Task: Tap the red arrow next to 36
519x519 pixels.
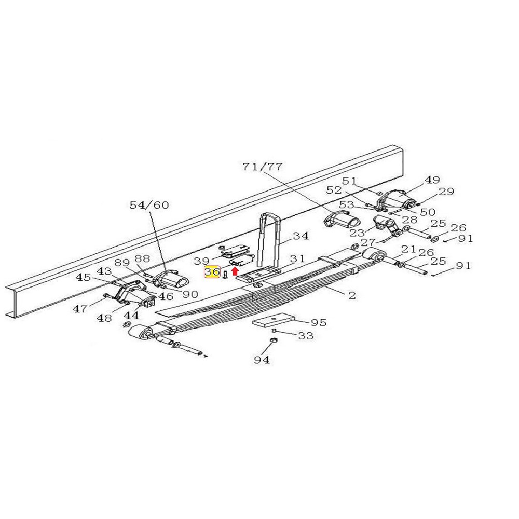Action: (x=235, y=270)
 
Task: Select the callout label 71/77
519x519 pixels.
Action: (x=263, y=167)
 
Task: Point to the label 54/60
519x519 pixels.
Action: (x=149, y=206)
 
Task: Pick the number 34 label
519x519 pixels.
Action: (x=300, y=236)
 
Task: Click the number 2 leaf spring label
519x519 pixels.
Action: (x=351, y=296)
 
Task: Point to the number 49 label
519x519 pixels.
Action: (x=432, y=180)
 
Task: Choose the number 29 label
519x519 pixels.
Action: (x=446, y=192)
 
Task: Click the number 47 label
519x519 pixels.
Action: (x=80, y=309)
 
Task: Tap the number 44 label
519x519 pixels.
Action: (x=131, y=316)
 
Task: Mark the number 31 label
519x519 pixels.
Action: (x=297, y=258)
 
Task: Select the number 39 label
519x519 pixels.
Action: (x=202, y=260)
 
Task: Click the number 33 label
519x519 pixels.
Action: (x=306, y=336)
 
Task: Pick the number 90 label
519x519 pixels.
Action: (x=190, y=294)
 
